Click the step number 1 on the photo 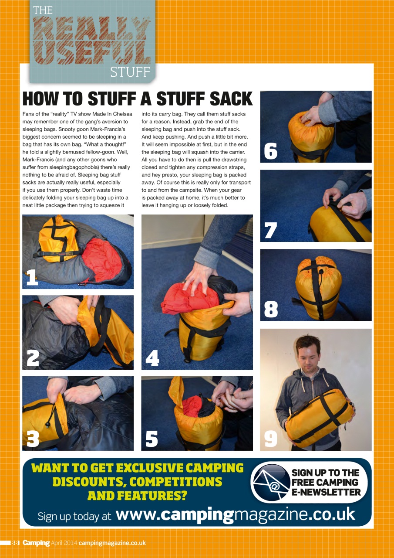click(32, 277)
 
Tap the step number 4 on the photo click(152, 358)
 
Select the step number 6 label click(270, 151)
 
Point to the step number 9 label click(271, 438)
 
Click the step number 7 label click(270, 230)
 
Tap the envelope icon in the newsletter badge click(271, 483)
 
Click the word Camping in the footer click(36, 543)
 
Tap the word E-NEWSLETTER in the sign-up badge click(326, 492)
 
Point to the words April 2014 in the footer click(64, 543)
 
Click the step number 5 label click(152, 439)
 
